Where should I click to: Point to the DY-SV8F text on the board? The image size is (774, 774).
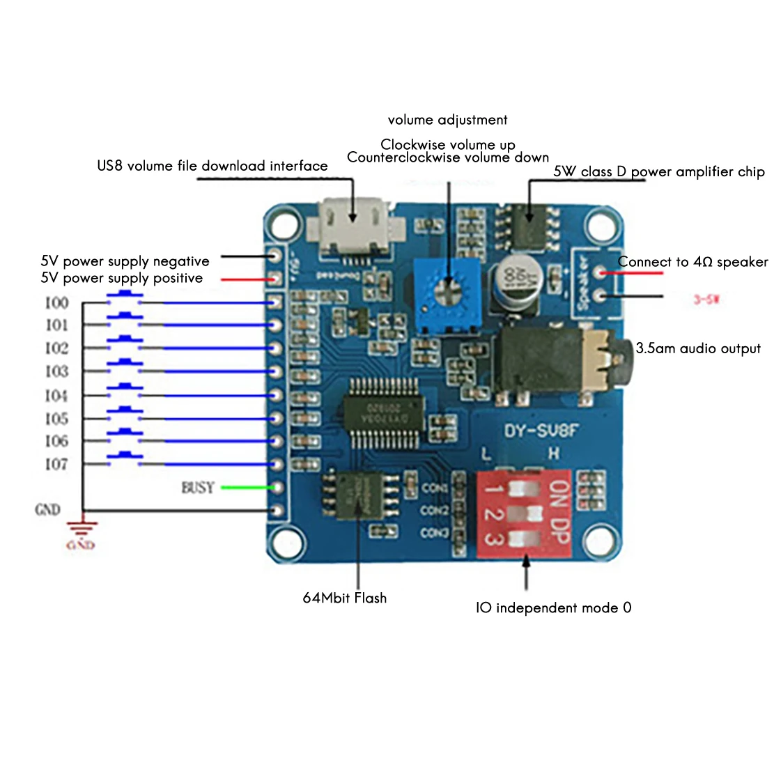click(x=541, y=431)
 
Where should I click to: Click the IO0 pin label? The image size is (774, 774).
click(x=56, y=302)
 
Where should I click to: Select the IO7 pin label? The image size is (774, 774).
click(x=56, y=464)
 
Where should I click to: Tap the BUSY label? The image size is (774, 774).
click(x=198, y=488)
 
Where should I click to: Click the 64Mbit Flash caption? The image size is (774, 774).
click(x=344, y=598)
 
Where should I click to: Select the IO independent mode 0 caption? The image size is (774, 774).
click(x=553, y=608)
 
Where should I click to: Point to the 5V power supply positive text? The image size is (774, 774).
click(x=122, y=278)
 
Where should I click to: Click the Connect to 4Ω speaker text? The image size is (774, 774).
click(x=692, y=262)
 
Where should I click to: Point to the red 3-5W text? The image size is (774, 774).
click(x=706, y=300)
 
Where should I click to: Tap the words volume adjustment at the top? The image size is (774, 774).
click(x=447, y=120)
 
